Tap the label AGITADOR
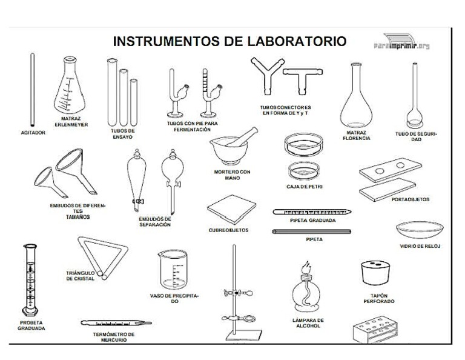[33, 132]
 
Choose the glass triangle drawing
[101, 258]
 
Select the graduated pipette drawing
[312, 212]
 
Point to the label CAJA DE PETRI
[304, 187]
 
